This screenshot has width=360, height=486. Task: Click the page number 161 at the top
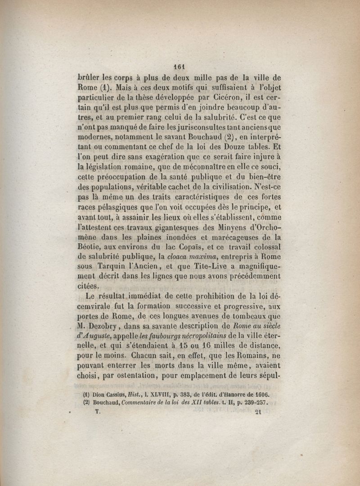(x=179, y=65)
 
